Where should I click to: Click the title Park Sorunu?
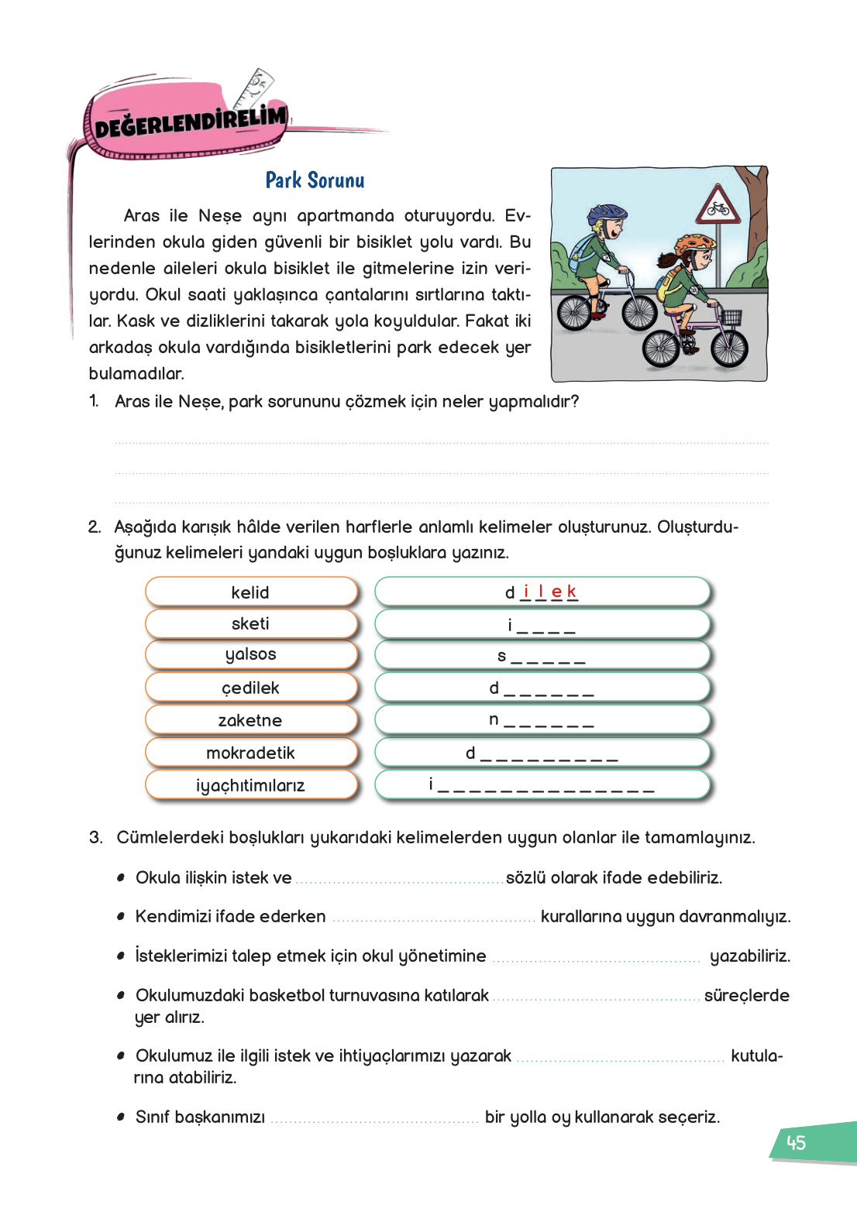pyautogui.click(x=315, y=180)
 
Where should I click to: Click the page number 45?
pyautogui.click(x=796, y=1143)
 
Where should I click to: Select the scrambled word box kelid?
pyautogui.click(x=250, y=592)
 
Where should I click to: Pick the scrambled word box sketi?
pyautogui.click(x=250, y=624)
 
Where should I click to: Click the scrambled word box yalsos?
pyautogui.click(x=250, y=655)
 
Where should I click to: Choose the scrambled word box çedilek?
pyautogui.click(x=250, y=688)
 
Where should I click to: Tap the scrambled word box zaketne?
pyautogui.click(x=250, y=720)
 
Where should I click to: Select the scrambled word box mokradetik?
pyautogui.click(x=250, y=753)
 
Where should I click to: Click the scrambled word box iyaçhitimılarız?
pyautogui.click(x=250, y=785)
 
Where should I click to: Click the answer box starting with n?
pyautogui.click(x=542, y=720)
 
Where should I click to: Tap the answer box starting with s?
pyautogui.click(x=542, y=656)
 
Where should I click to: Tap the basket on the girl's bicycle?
pyautogui.click(x=730, y=317)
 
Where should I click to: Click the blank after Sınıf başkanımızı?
pyautogui.click(x=375, y=1117)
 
